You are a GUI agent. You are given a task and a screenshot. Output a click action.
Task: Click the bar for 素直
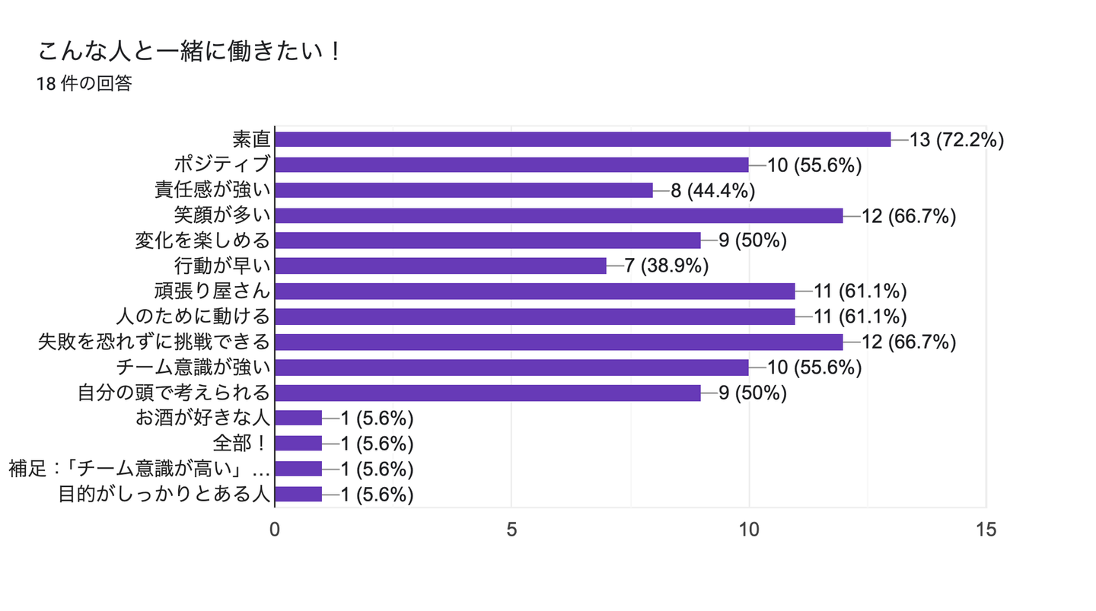pyautogui.click(x=582, y=139)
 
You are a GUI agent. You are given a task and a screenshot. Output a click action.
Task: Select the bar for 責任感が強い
pyautogui.click(x=464, y=190)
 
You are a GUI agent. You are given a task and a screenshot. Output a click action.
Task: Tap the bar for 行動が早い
pyautogui.click(x=440, y=266)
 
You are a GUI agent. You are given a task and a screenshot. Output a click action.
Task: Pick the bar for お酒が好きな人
pyautogui.click(x=298, y=418)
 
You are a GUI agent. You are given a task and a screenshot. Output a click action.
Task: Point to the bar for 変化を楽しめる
pyautogui.click(x=487, y=240)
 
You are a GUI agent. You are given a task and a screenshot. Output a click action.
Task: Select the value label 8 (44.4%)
pyautogui.click(x=712, y=190)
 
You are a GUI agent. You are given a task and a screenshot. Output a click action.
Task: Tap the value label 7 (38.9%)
pyautogui.click(x=667, y=266)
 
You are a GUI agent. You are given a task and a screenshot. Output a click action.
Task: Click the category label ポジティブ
pyautogui.click(x=222, y=164)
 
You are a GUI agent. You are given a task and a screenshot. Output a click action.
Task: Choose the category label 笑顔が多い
pyautogui.click(x=222, y=215)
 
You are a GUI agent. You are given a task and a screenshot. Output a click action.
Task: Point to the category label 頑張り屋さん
pyautogui.click(x=212, y=291)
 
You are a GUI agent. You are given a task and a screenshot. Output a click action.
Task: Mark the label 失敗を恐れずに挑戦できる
pyautogui.click(x=155, y=342)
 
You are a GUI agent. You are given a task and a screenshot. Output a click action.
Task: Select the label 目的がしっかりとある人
pyautogui.click(x=164, y=494)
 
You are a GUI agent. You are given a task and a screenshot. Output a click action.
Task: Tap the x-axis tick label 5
pyautogui.click(x=511, y=530)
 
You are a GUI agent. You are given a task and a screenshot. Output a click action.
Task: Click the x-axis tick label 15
pyautogui.click(x=986, y=530)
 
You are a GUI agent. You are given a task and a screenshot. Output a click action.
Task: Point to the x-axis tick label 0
pyautogui.click(x=275, y=530)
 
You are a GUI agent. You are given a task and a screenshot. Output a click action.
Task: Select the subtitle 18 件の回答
pyautogui.click(x=84, y=84)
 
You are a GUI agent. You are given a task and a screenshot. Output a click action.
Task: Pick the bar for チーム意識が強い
pyautogui.click(x=511, y=368)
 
